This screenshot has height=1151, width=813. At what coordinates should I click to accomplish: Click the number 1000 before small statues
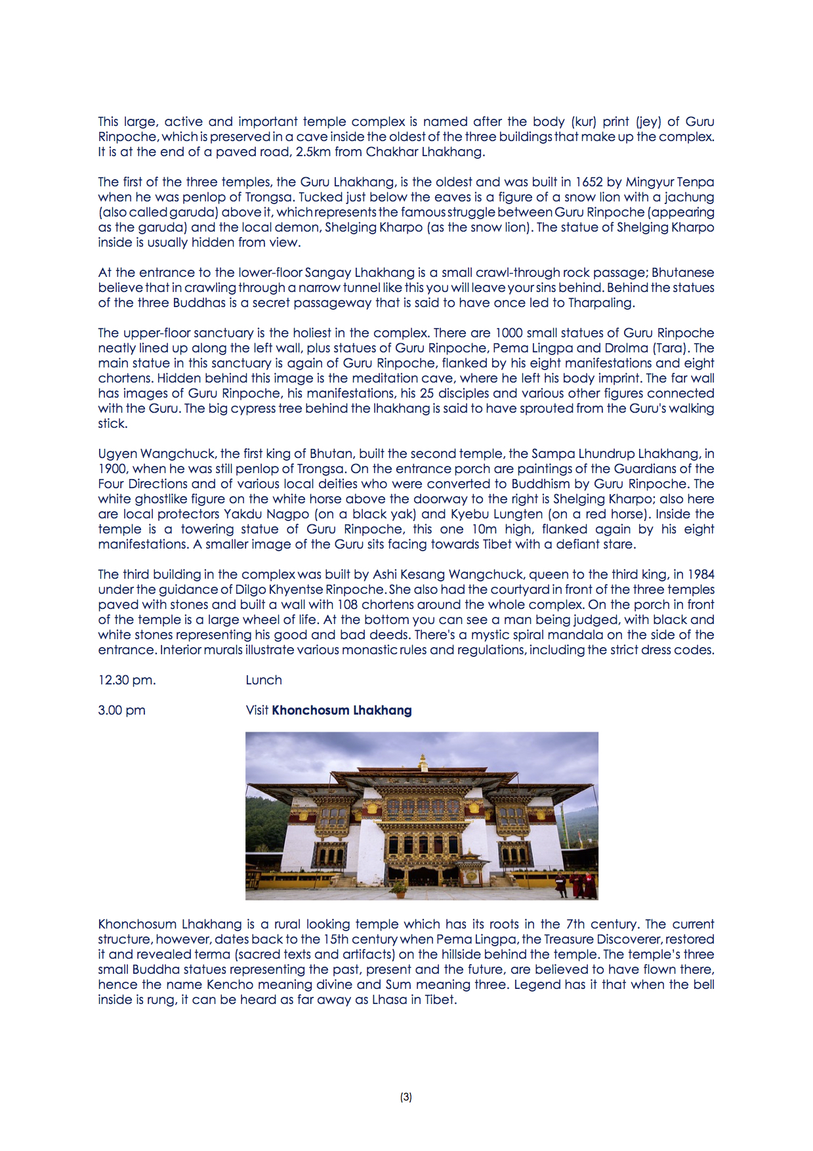[509, 333]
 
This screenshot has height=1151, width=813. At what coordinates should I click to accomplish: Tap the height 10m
[484, 530]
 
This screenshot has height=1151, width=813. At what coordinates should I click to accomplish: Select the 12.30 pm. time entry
[127, 680]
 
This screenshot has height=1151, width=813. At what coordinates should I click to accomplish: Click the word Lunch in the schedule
[264, 680]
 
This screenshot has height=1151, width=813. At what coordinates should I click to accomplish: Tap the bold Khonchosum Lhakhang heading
[342, 711]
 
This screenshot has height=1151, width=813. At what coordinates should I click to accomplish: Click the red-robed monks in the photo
[577, 885]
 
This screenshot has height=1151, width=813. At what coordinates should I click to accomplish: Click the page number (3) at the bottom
[406, 1097]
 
